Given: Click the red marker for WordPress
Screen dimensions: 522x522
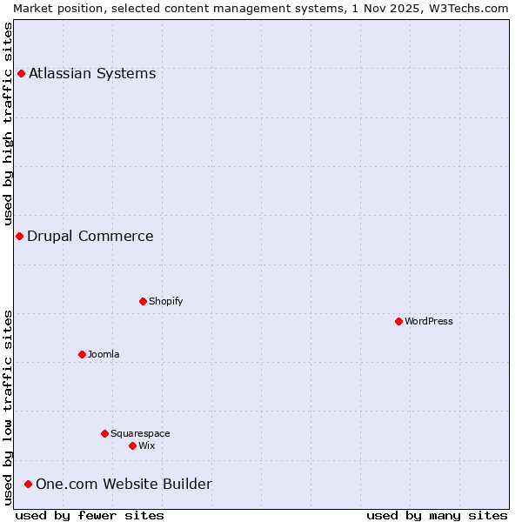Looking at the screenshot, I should coord(398,321).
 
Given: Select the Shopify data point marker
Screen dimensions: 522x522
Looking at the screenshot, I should coord(143,301).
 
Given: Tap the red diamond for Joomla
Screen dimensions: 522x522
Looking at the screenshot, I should coord(82,354).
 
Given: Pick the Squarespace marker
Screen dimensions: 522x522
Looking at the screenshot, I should coord(104,433).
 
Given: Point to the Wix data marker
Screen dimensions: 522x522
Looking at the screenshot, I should coord(132,445).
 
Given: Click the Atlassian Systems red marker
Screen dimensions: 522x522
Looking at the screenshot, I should coord(21,73).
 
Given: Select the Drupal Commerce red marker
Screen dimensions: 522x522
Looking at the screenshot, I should coord(19,236).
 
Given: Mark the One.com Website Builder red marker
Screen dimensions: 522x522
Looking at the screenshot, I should coord(28,484).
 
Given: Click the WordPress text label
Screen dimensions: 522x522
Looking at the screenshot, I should coord(429,321).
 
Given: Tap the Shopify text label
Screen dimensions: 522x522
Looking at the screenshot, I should coord(165,301).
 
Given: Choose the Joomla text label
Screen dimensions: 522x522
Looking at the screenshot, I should coord(104,354).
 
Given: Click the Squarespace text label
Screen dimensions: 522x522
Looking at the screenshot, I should coord(140,433).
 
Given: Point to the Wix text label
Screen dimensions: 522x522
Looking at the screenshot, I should coord(147,445).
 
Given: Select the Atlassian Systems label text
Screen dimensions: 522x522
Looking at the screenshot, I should coord(92,73).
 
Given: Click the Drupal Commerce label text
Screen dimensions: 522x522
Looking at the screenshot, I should coord(90,236).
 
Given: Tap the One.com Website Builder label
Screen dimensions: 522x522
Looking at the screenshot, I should coord(124,484).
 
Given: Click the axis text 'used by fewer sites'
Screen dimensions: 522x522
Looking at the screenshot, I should coord(90,515).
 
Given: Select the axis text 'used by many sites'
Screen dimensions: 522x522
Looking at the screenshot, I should coord(437,515).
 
